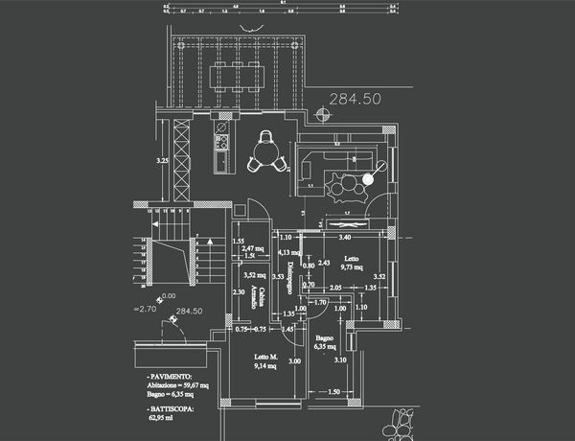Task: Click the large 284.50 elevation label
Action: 355,99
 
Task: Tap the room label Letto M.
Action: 265,358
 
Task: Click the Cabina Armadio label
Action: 255,295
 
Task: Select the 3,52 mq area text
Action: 254,274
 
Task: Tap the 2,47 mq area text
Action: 254,249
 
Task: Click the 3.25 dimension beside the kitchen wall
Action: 163,161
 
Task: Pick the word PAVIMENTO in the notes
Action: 170,377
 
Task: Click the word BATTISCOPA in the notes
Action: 171,409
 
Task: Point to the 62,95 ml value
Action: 163,418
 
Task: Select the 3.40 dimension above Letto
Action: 345,236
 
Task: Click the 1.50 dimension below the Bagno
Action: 334,392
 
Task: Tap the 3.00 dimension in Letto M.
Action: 295,361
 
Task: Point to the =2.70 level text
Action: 145,310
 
